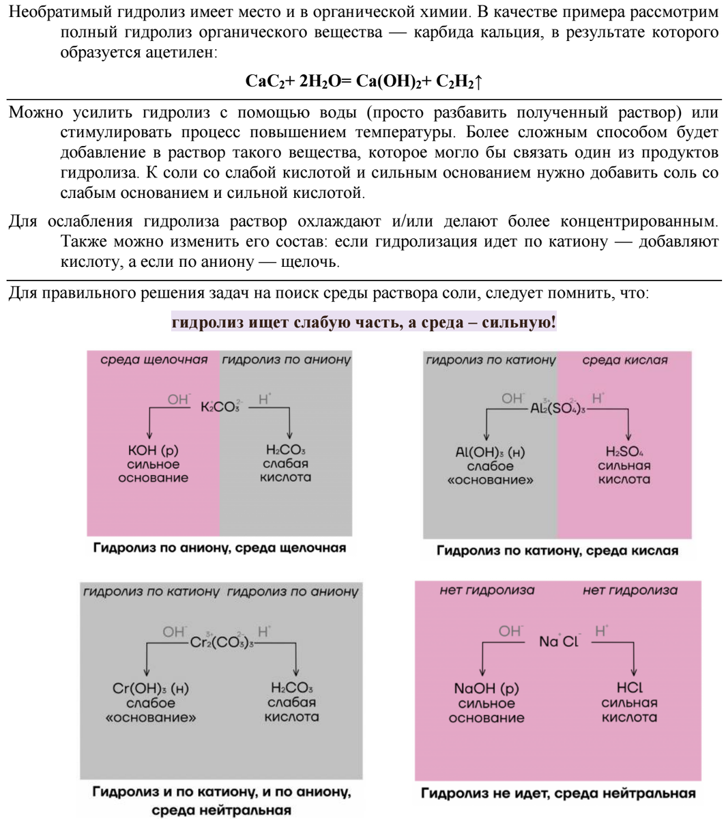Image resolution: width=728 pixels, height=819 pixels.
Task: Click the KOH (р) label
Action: (x=153, y=450)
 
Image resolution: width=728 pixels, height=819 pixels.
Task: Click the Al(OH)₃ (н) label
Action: (x=490, y=452)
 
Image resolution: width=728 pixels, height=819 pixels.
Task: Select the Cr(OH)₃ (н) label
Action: (x=151, y=689)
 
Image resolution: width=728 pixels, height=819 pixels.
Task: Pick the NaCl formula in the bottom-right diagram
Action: (x=559, y=642)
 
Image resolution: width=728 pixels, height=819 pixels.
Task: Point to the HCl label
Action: (x=629, y=688)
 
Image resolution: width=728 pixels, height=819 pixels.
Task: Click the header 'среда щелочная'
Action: (x=154, y=360)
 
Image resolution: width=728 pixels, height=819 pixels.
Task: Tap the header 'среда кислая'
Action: (x=625, y=360)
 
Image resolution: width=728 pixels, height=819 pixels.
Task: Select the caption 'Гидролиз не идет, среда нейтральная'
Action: (x=558, y=793)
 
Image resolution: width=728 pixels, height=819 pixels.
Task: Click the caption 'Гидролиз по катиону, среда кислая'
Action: (x=557, y=551)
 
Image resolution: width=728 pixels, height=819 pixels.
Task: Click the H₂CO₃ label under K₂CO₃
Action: (x=286, y=450)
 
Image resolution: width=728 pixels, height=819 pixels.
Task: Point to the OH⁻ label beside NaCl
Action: (x=510, y=631)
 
